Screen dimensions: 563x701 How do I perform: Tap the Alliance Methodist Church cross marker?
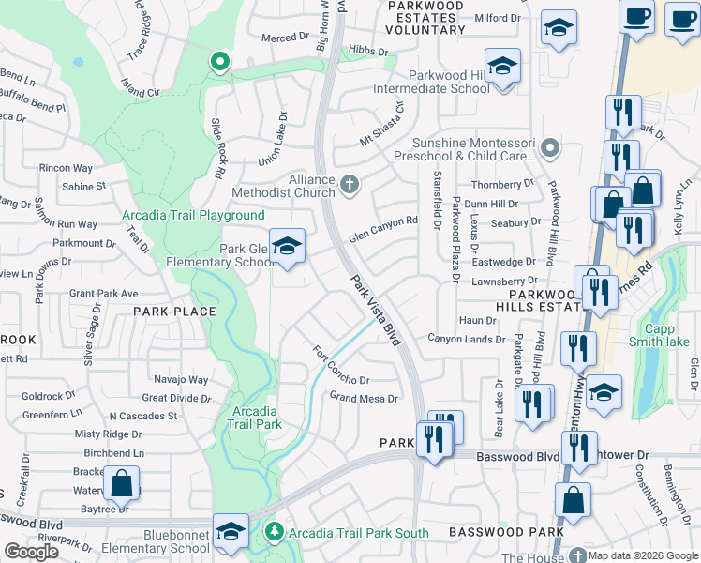click(350, 184)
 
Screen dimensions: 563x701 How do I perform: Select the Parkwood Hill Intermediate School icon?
click(502, 68)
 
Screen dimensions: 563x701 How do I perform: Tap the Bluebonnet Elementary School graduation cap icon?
click(231, 532)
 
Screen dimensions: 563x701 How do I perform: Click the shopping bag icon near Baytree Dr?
click(121, 484)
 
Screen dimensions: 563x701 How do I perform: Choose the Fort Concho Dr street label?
click(340, 366)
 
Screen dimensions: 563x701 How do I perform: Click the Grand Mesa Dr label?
click(364, 398)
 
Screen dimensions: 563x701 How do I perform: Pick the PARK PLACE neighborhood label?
click(174, 311)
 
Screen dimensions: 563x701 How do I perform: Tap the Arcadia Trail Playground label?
click(180, 215)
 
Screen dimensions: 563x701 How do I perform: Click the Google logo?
click(32, 551)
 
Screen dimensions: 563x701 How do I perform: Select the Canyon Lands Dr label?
click(467, 338)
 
